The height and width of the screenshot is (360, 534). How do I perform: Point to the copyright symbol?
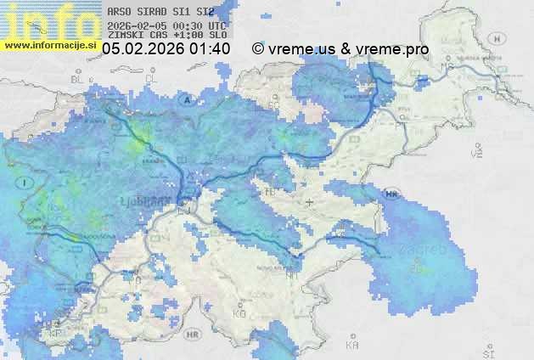pyautogui.click(x=257, y=49)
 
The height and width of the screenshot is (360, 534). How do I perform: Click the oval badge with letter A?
pyautogui.click(x=185, y=99)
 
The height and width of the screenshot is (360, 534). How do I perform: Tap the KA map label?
pyautogui.click(x=351, y=346)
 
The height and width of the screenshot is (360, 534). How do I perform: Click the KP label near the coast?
pyautogui.click(x=57, y=334)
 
